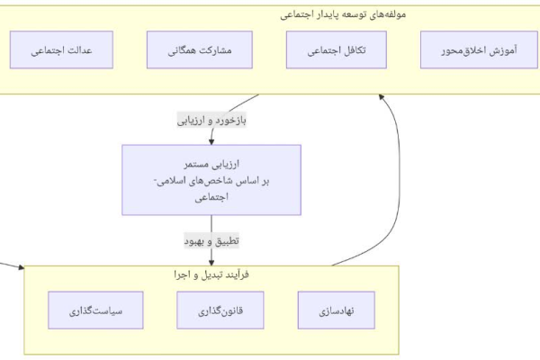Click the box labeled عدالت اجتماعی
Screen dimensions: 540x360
pyautogui.click(x=61, y=50)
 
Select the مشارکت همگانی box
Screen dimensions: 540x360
pyautogui.click(x=200, y=50)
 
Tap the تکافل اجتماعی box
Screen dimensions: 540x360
pyautogui.click(x=336, y=50)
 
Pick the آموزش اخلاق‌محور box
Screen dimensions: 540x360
pyautogui.click(x=479, y=50)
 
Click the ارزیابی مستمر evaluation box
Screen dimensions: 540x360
pyautogui.click(x=211, y=180)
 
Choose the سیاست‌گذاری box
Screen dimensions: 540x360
pyautogui.click(x=95, y=310)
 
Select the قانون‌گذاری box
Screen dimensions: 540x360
pyautogui.click(x=220, y=310)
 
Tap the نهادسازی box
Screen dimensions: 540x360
pyautogui.click(x=337, y=310)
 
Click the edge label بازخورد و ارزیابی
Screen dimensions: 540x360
pyautogui.click(x=211, y=121)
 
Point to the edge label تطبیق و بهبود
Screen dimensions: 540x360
pyautogui.click(x=211, y=241)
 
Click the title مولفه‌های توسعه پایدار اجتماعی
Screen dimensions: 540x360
pyautogui.click(x=343, y=14)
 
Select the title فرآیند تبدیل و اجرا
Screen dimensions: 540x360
pyautogui.click(x=211, y=274)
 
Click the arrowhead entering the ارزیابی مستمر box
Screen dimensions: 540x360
pyautogui.click(x=211, y=141)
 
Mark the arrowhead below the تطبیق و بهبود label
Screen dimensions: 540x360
pyautogui.click(x=211, y=263)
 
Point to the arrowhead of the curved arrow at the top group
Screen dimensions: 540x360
pyautogui.click(x=381, y=97)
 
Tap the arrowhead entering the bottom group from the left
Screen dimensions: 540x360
pyautogui.click(x=22, y=267)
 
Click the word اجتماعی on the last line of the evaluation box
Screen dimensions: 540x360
pyautogui.click(x=211, y=197)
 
